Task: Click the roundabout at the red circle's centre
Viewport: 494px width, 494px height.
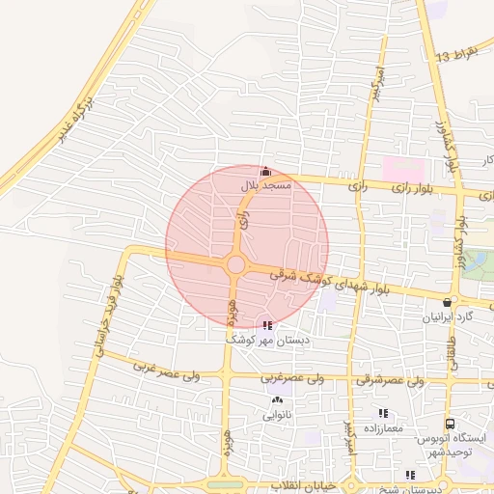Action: [235, 264]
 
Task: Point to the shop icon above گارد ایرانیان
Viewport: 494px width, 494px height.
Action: [447, 302]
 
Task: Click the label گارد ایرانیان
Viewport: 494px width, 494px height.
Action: [447, 316]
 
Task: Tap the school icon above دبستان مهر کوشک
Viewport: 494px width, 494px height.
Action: [266, 326]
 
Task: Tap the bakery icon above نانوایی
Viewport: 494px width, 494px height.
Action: [278, 399]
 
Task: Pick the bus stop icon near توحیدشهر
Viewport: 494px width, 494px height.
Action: [450, 425]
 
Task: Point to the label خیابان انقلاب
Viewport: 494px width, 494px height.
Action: [298, 483]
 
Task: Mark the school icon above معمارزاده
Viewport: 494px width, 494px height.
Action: [384, 413]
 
